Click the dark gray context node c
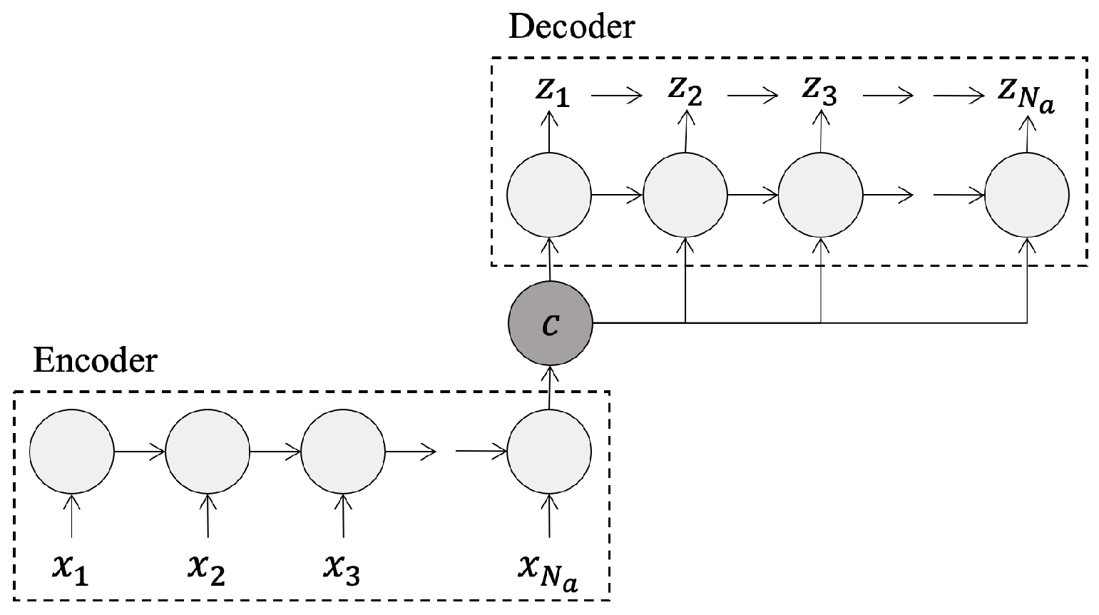click(x=550, y=324)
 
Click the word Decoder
click(x=571, y=27)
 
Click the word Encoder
click(x=95, y=361)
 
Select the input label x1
click(x=71, y=569)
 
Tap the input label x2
click(x=207, y=569)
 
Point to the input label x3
click(x=343, y=569)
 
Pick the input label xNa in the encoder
click(x=548, y=571)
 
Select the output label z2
click(x=685, y=92)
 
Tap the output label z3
click(x=819, y=92)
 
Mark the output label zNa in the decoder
click(x=1026, y=95)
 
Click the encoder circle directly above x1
click(x=71, y=451)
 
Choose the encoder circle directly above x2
click(x=208, y=451)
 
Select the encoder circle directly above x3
click(x=344, y=451)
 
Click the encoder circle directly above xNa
click(x=549, y=451)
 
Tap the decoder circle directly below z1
click(x=549, y=194)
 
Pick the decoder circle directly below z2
click(x=685, y=194)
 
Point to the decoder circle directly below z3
click(x=820, y=194)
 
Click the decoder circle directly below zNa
click(x=1026, y=194)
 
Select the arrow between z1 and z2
click(x=618, y=95)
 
